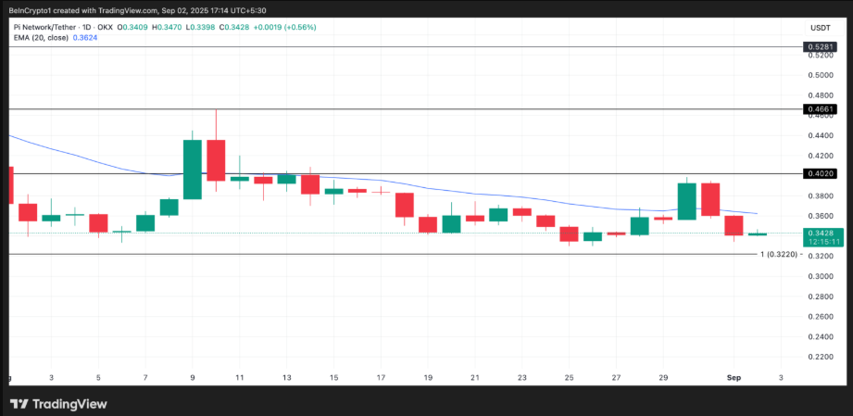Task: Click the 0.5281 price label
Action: pyautogui.click(x=821, y=46)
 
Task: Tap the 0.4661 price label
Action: pyautogui.click(x=821, y=109)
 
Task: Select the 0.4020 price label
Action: pyautogui.click(x=821, y=173)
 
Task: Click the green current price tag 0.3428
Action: pyautogui.click(x=821, y=233)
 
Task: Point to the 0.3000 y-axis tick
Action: pyautogui.click(x=821, y=276)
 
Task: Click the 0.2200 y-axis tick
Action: pyautogui.click(x=821, y=357)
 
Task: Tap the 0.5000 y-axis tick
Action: pyautogui.click(x=821, y=75)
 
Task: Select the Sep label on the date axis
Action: pyautogui.click(x=734, y=378)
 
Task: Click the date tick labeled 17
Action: pyautogui.click(x=382, y=378)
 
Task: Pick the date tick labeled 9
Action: pyautogui.click(x=193, y=378)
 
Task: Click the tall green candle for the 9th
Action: pyautogui.click(x=193, y=170)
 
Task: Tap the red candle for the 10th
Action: pyautogui.click(x=216, y=160)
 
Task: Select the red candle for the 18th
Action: pyautogui.click(x=405, y=205)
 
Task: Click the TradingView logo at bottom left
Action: pyautogui.click(x=58, y=403)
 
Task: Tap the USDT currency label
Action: pyautogui.click(x=821, y=28)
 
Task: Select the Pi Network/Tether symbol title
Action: pyautogui.click(x=44, y=27)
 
